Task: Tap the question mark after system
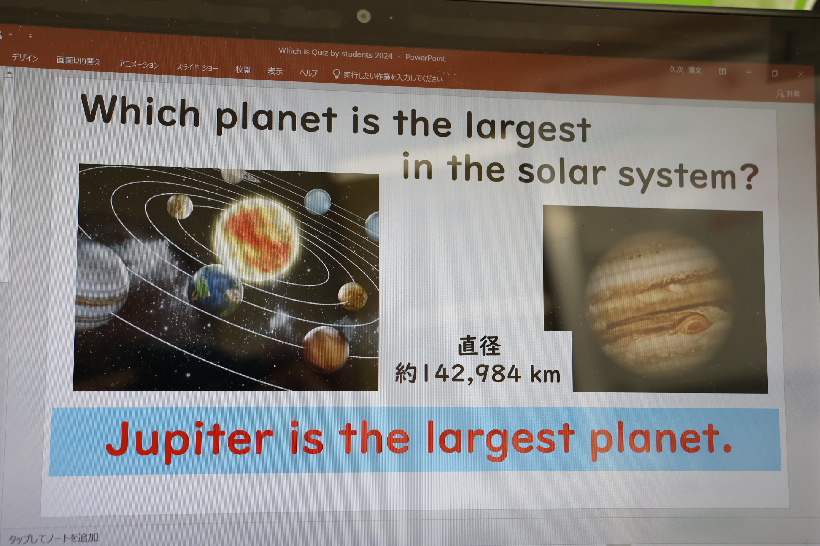coord(749,177)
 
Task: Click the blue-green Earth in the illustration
coord(215,290)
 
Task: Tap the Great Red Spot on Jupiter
coord(694,326)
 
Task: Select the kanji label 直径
coord(479,346)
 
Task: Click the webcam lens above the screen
coord(364,16)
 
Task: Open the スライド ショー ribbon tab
coord(197,67)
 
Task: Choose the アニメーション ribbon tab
coord(139,64)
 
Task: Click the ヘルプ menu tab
coord(309,73)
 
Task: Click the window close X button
coord(800,74)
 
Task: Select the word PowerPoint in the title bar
coord(425,58)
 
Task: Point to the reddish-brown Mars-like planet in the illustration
coord(326,350)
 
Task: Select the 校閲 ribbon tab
coord(243,70)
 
